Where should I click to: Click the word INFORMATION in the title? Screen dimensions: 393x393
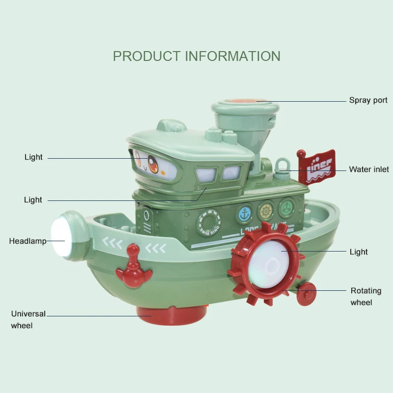pos(233,56)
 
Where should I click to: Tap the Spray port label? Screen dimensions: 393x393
pos(368,100)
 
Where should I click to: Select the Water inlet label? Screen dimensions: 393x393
pos(368,169)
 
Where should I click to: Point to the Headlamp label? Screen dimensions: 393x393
pos(28,241)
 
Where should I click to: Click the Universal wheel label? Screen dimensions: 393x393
pos(28,319)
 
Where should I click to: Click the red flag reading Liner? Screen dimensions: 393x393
pos(316,166)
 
